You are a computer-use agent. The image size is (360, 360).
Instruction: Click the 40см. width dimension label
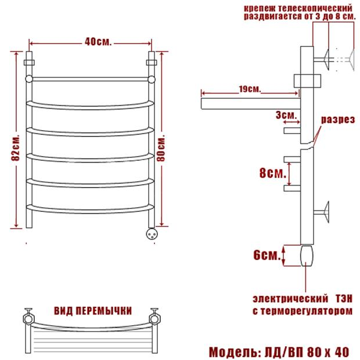point(98,42)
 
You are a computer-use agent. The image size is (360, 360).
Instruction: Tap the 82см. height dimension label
point(16,147)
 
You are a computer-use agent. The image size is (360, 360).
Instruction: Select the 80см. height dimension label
point(161,149)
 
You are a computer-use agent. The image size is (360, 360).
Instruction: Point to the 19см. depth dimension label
point(250,89)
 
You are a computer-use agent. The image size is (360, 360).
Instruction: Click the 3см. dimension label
point(286,115)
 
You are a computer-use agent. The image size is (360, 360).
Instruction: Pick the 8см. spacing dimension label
point(273,173)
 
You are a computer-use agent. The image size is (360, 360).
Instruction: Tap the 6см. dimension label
point(267,255)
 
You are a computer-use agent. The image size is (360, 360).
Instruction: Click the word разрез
point(338,120)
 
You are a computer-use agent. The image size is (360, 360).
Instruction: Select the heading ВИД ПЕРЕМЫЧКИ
point(93,311)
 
